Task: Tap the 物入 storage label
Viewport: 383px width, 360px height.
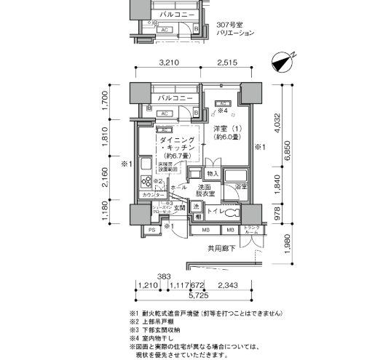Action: (212, 174)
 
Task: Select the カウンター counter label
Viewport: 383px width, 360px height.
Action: (151, 196)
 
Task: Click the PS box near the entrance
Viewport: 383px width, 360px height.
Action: (151, 231)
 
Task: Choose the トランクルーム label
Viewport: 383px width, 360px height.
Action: (251, 232)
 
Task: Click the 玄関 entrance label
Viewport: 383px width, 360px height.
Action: (180, 208)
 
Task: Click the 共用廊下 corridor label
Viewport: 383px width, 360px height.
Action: (223, 247)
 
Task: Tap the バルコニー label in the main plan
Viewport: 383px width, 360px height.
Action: (175, 98)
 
